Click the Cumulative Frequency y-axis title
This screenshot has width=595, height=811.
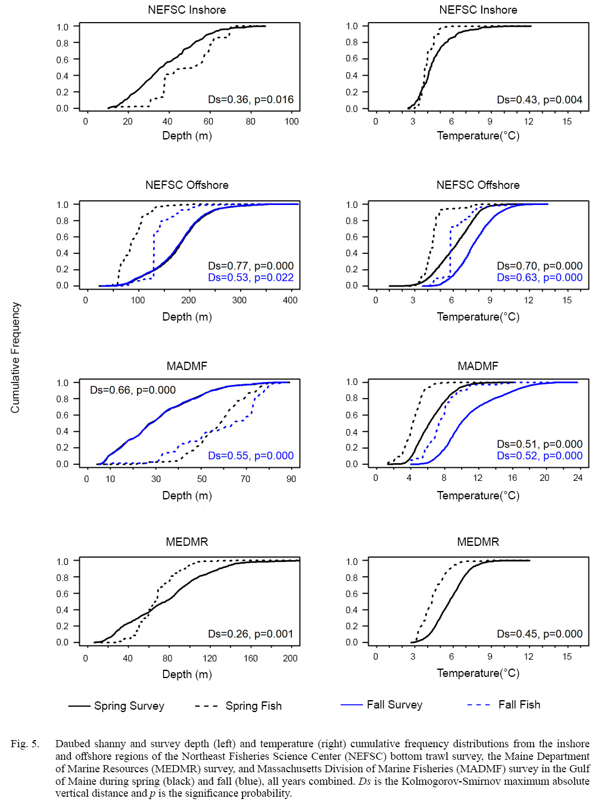pos(15,358)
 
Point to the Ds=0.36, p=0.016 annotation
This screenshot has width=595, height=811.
pos(251,100)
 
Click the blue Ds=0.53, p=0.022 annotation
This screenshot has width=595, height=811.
pos(251,278)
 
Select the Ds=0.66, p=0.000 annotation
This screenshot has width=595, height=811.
pos(133,390)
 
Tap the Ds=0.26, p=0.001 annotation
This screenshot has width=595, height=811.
pos(251,634)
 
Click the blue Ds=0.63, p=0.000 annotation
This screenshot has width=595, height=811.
pos(540,278)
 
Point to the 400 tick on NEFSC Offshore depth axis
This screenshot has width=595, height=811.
pos(290,300)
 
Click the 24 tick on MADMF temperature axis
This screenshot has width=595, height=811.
pos(578,478)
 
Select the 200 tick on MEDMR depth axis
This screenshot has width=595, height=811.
pos(290,658)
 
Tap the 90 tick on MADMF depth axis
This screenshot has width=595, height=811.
pos(291,479)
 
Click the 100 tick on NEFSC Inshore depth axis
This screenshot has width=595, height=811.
pos(291,122)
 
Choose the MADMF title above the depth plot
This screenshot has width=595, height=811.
pos(187,366)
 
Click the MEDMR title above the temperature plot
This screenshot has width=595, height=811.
pos(478,542)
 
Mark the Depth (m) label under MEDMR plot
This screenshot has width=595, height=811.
pos(187,675)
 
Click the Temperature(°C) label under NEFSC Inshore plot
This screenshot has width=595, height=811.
pos(478,136)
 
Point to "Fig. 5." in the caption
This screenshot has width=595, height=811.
pos(25,744)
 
